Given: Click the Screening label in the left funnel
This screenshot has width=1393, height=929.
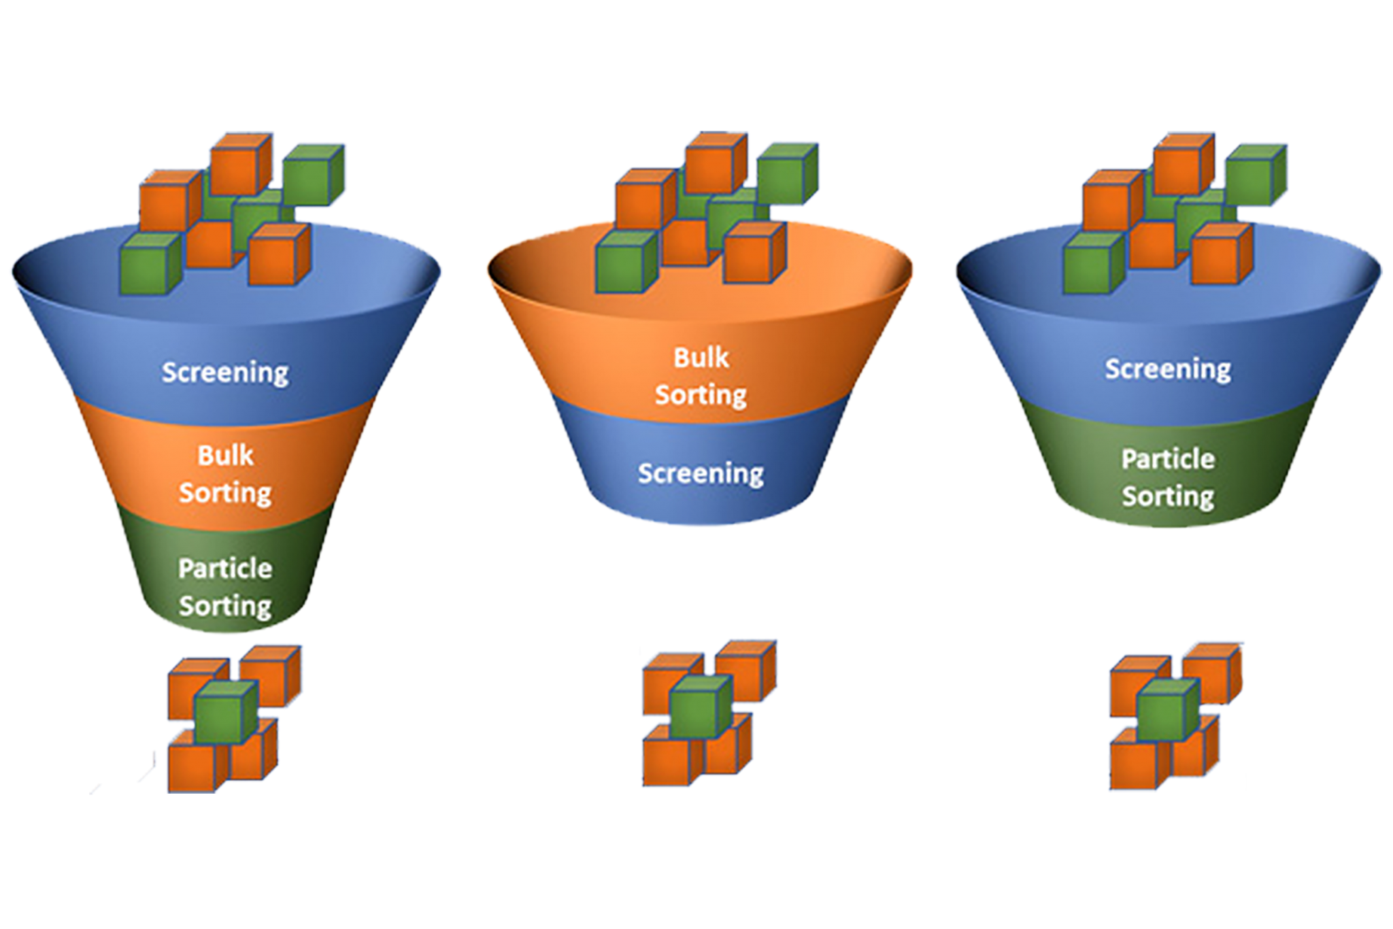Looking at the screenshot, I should tap(225, 372).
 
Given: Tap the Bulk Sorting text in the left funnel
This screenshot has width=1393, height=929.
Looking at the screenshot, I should tap(225, 474).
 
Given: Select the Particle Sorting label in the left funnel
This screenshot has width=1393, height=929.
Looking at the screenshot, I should tap(225, 587).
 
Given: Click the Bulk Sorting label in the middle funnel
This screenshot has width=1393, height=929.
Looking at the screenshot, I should tap(701, 376).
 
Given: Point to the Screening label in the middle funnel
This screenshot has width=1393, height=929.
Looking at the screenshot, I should tap(701, 473).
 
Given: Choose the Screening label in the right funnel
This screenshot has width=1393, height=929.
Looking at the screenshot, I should tap(1167, 369).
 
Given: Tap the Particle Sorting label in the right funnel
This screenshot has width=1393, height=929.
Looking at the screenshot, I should tap(1167, 477).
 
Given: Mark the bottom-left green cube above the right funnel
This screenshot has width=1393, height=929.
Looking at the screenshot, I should tap(1090, 265).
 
